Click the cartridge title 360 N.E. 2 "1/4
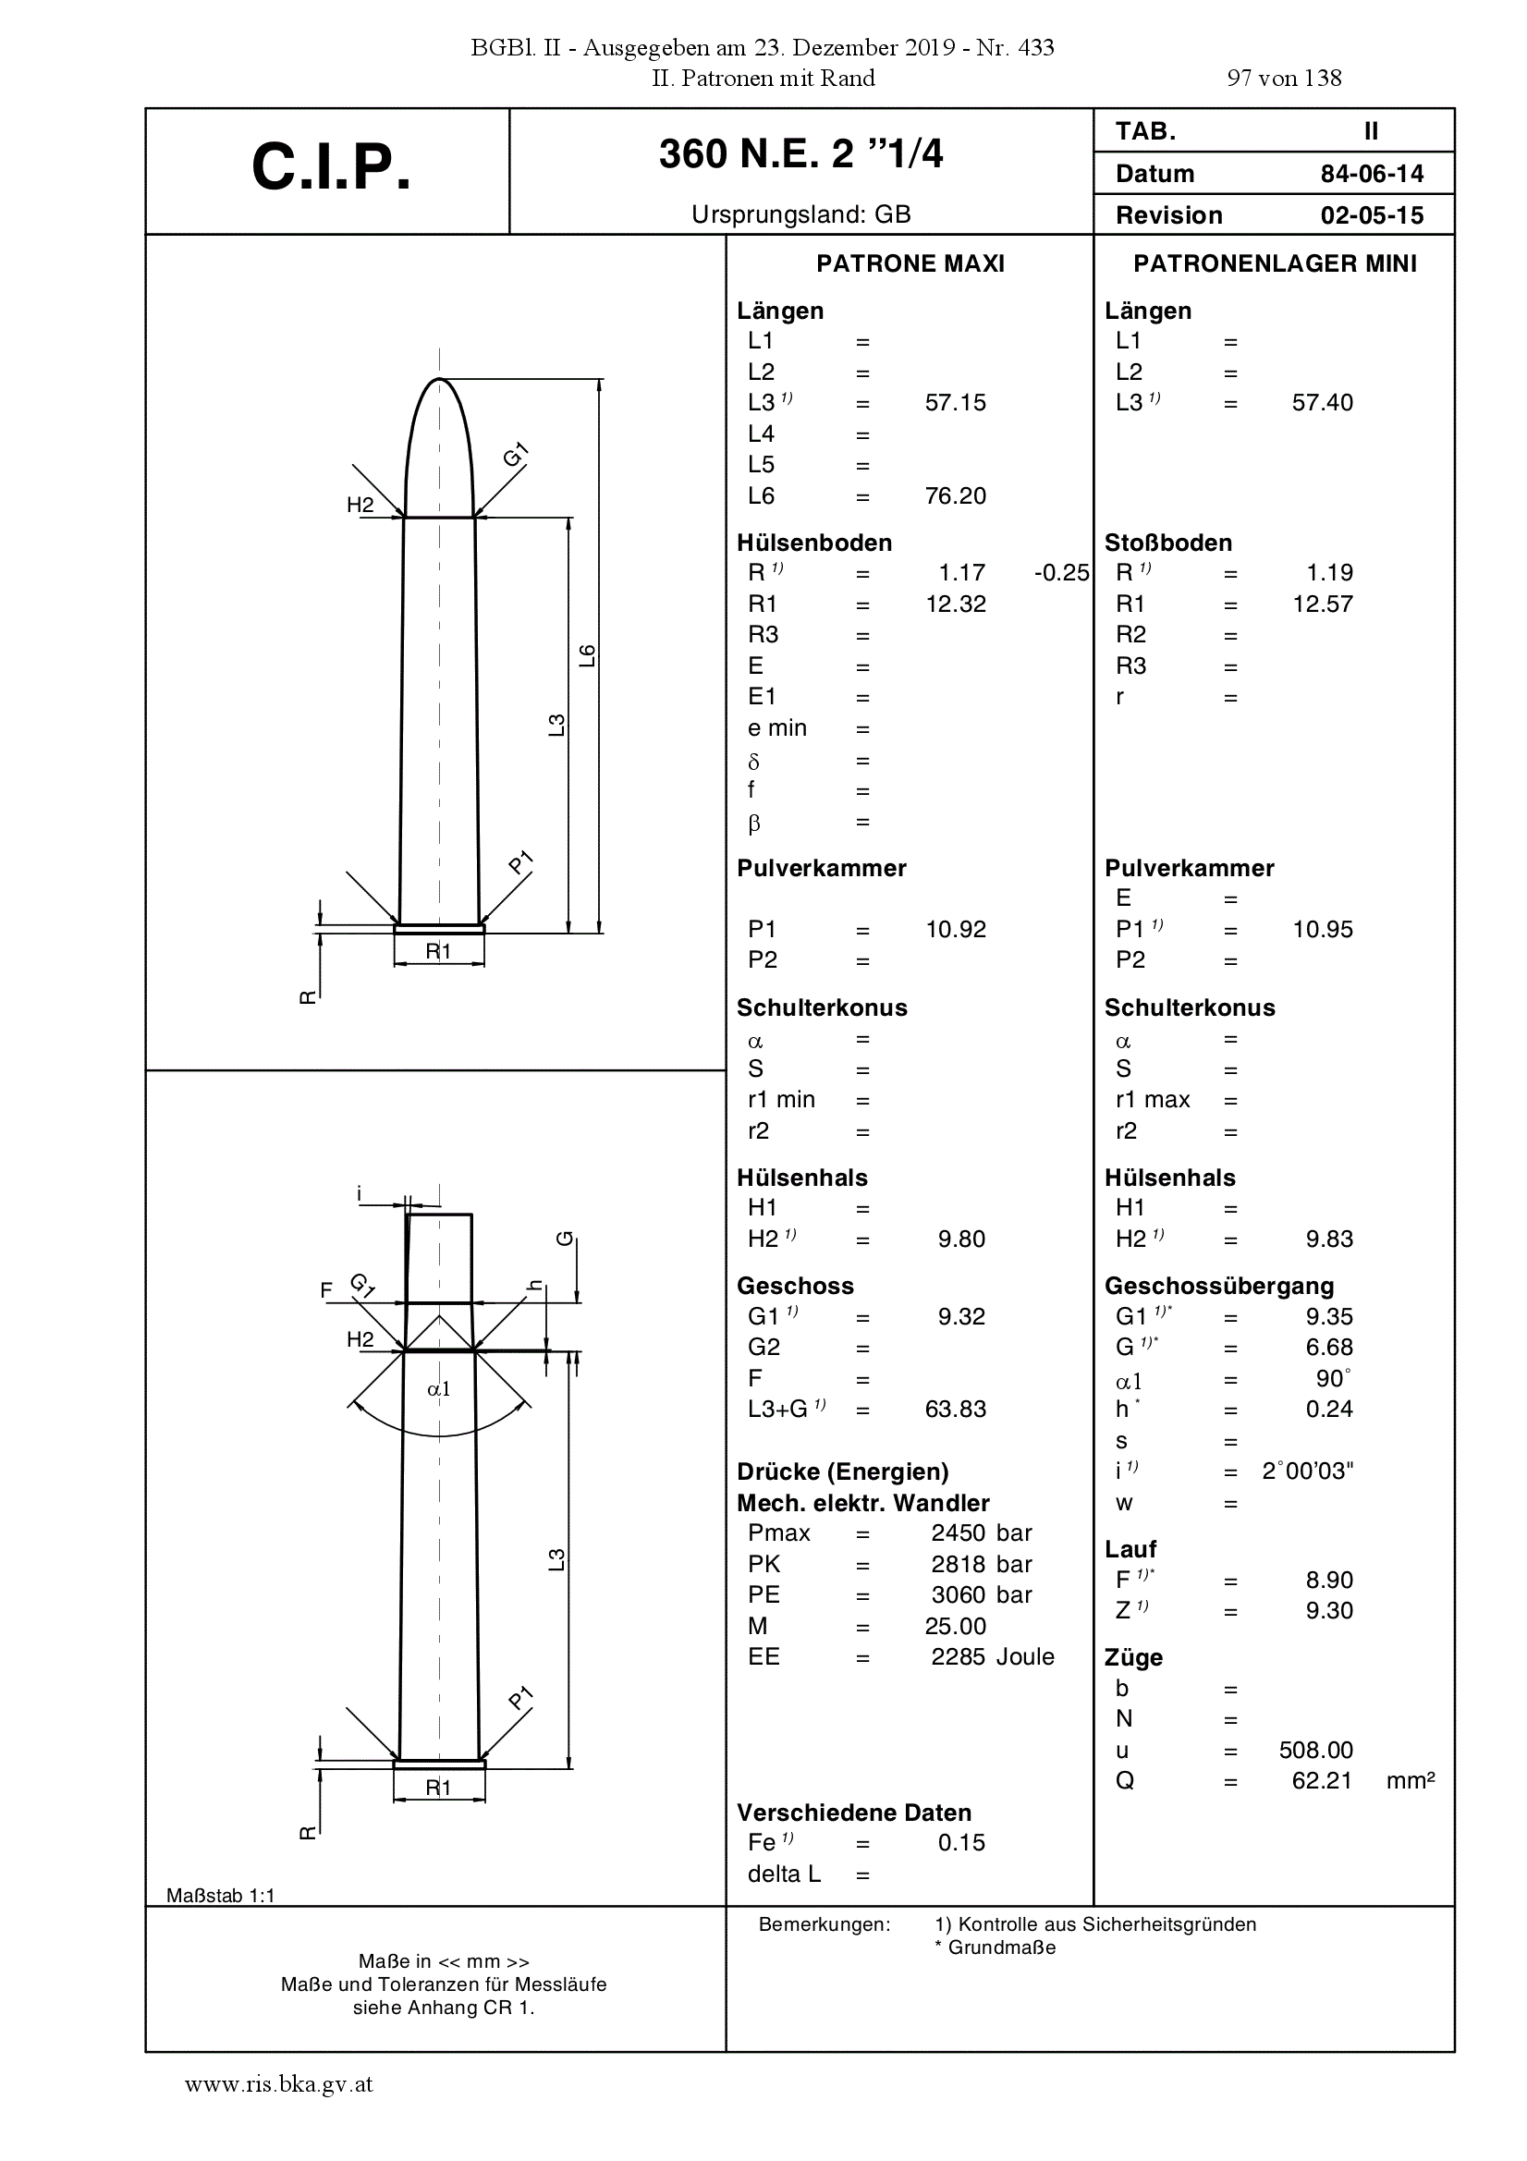800,153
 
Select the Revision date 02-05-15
1372,215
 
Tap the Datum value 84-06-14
1372,174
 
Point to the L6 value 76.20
956,496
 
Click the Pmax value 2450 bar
982,1533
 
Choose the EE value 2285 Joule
992,1656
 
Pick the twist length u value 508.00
1315,1750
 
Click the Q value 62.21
1322,1781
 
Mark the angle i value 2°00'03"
1308,1471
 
